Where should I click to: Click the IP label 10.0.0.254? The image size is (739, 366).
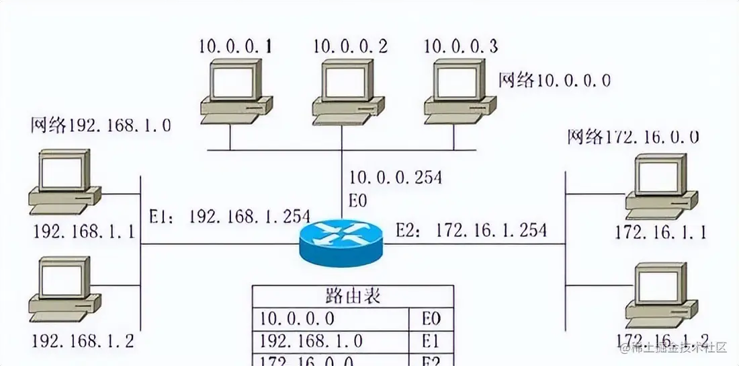tap(396, 177)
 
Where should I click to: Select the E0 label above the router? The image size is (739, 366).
tap(357, 200)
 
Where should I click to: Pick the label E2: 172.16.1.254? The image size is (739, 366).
tap(471, 230)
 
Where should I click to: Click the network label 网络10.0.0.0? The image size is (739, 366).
tap(554, 81)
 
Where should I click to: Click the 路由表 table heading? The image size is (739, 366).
tap(353, 296)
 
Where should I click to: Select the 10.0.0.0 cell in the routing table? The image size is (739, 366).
tap(298, 318)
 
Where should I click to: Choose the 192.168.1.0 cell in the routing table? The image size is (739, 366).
tap(311, 340)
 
